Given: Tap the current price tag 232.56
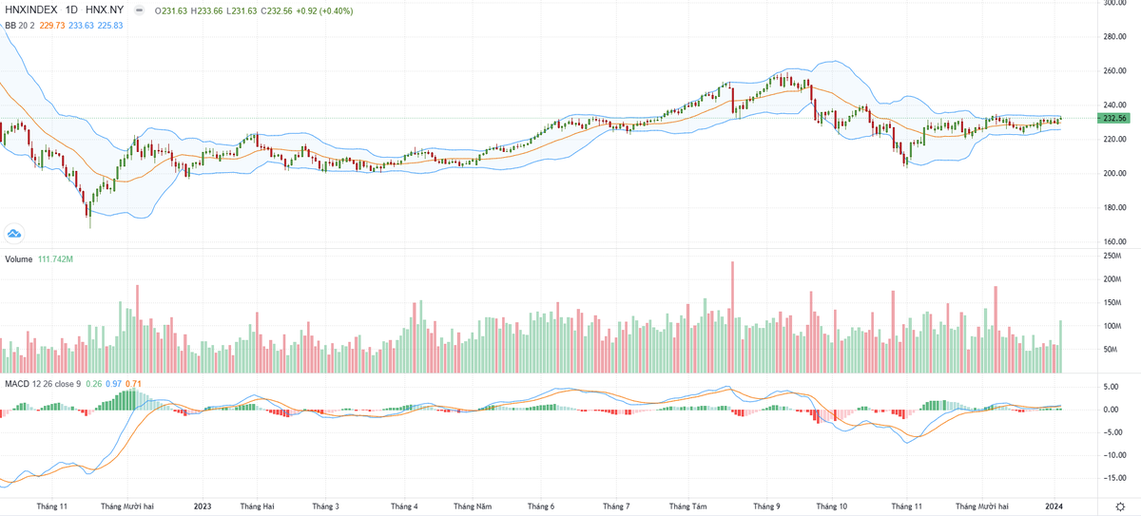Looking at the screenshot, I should click(1112, 118).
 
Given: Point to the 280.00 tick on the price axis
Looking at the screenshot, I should click(1114, 36).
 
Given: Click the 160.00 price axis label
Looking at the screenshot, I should click(1114, 241).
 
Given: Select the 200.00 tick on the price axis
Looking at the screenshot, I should click(1114, 173).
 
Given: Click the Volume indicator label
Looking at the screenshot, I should click(18, 258).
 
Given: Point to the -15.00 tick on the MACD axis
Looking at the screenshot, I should click(1114, 478).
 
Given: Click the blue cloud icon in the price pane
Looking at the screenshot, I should click(14, 233).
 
